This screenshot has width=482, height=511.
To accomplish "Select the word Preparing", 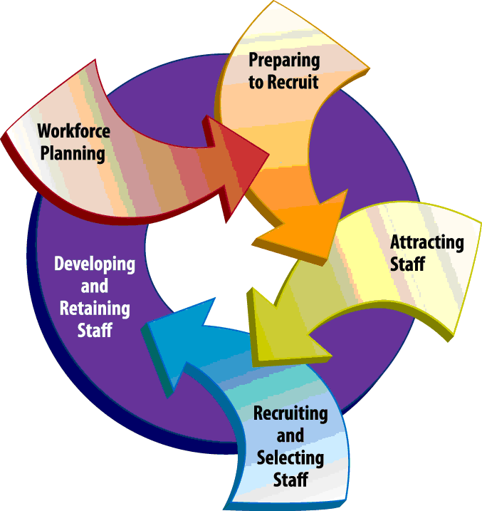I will tap(284, 61).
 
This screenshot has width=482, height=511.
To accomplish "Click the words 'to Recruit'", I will tap(283, 81).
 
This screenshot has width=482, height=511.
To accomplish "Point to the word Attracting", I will tap(426, 242).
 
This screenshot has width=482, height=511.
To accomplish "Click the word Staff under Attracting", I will tap(408, 264).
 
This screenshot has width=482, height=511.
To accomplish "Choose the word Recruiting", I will tap(290, 414).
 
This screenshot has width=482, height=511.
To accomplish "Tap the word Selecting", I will tap(290, 457).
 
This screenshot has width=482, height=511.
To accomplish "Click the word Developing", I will tap(95, 264).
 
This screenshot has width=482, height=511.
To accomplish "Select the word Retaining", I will tap(95, 309).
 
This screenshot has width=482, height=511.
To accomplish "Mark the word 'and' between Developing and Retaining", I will tap(94, 287).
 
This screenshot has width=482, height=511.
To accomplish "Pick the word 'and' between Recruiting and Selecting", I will tap(290, 435).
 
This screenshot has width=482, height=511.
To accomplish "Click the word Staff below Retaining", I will tap(95, 330).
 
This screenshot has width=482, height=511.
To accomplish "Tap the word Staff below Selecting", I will tap(290, 478).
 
